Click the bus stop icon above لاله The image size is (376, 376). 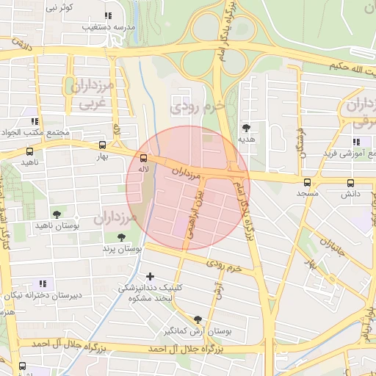click(x=143, y=158)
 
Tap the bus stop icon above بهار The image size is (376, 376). click(x=102, y=145)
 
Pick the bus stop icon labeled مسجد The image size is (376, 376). click(x=307, y=182)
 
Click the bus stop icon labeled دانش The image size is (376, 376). click(x=348, y=182)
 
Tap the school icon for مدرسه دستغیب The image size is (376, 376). click(x=108, y=15)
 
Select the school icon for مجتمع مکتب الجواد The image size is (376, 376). click(x=33, y=121)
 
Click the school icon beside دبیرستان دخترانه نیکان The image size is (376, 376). click(x=43, y=283)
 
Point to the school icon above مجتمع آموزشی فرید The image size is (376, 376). click(x=357, y=142)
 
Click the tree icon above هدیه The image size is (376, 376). click(x=245, y=128)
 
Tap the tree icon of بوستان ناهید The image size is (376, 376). click(x=57, y=214)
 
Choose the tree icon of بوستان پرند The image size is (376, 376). click(x=121, y=237)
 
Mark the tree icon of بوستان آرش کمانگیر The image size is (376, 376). click(x=198, y=319)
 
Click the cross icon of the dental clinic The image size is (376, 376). click(x=151, y=276)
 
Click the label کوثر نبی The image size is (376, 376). click(x=61, y=7)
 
